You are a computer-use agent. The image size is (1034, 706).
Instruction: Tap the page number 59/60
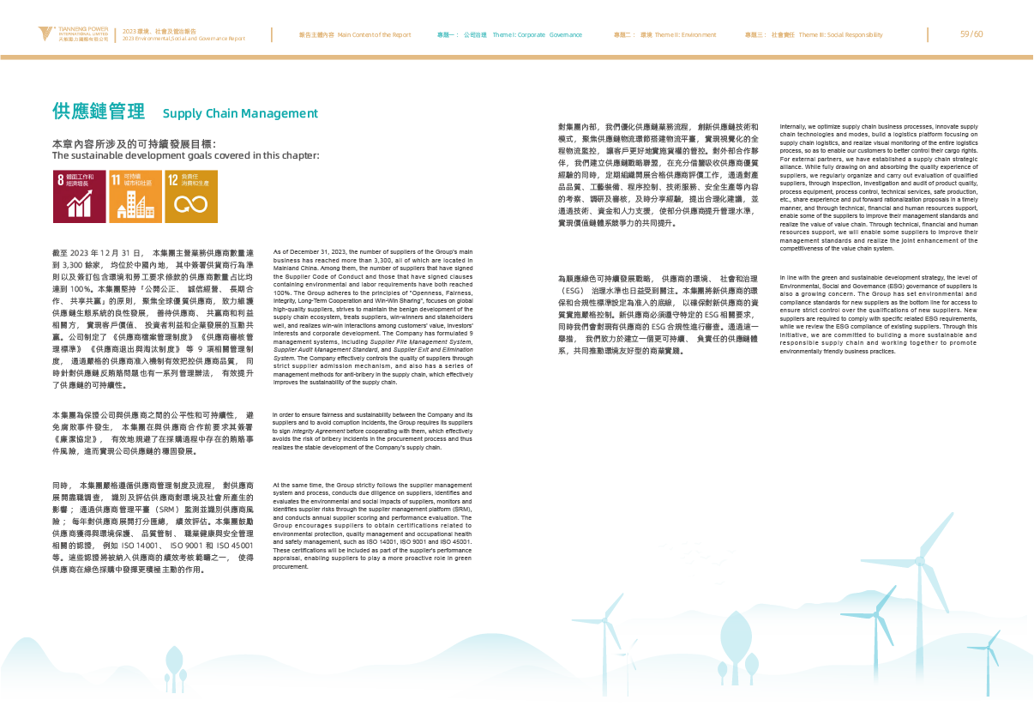tap(971, 34)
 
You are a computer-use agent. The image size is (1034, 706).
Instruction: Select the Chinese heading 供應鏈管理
tap(98, 112)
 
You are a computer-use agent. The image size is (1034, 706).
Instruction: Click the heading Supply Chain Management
tap(240, 113)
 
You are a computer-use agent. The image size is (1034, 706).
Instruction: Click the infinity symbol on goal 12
tap(190, 204)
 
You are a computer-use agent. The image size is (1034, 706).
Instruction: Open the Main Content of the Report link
tap(354, 35)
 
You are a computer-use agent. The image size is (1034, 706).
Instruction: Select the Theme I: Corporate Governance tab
tap(510, 35)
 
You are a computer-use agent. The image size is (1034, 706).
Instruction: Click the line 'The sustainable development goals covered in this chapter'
tap(185, 156)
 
